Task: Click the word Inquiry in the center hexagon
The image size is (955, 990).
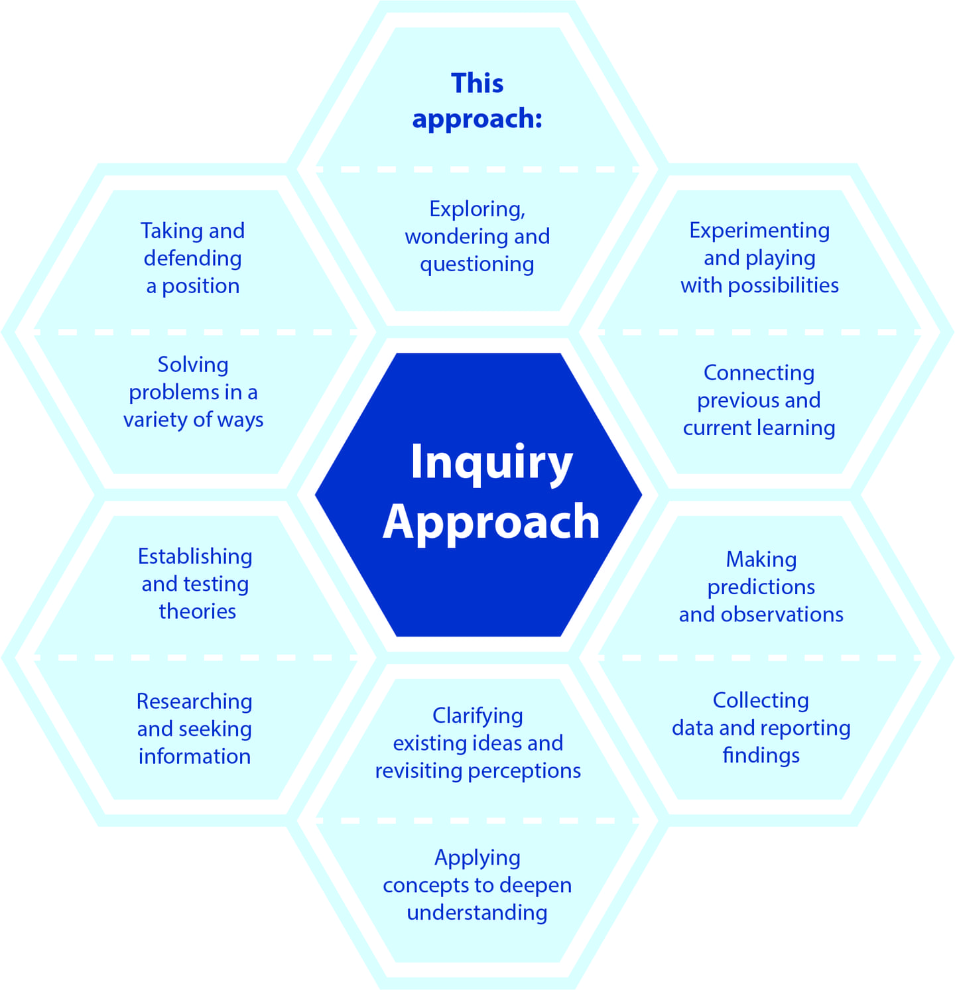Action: [x=491, y=462]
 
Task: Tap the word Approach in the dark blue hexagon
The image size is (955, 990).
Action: [x=491, y=522]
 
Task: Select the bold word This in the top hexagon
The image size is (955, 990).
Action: [x=477, y=84]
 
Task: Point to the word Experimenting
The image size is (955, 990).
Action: [x=759, y=230]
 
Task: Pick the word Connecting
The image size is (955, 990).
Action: [x=759, y=373]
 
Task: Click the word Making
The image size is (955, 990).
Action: [x=761, y=559]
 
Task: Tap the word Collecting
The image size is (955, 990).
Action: [x=761, y=700]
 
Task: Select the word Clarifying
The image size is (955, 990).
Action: [x=477, y=715]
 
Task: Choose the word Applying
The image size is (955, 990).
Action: [x=477, y=858]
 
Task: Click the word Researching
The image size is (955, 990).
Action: [x=194, y=701]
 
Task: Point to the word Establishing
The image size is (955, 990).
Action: [x=195, y=556]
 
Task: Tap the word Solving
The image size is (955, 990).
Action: [x=193, y=365]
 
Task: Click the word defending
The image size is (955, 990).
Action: [x=192, y=258]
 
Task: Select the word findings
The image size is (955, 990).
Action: [x=761, y=755]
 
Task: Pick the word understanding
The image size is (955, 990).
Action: [x=477, y=912]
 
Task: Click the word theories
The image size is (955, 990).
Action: [x=197, y=611]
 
